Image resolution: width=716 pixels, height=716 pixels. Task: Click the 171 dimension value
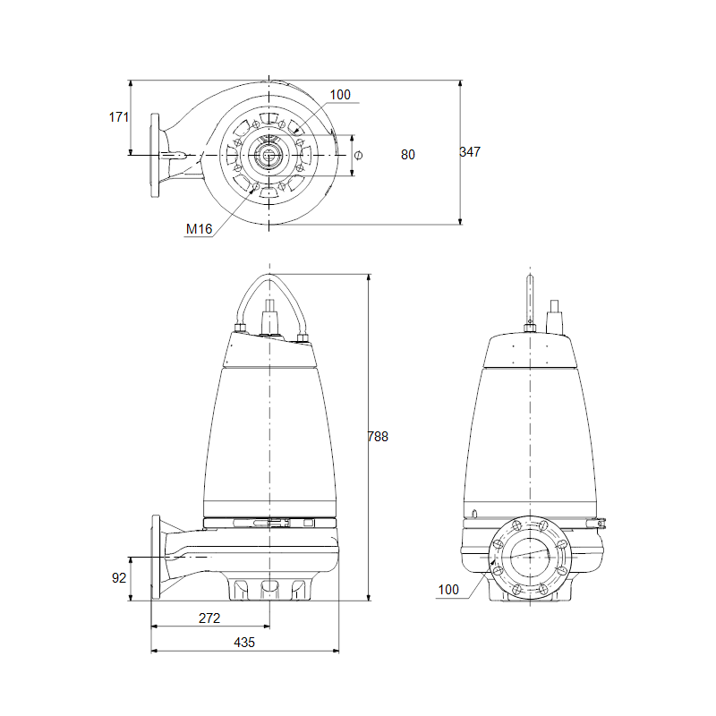[119, 117]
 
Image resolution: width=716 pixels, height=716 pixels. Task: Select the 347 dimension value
[470, 151]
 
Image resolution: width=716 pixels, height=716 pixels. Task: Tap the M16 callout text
[199, 229]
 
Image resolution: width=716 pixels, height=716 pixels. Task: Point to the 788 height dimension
[378, 437]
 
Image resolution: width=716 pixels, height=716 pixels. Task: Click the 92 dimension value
[119, 577]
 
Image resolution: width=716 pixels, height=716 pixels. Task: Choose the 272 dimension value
[209, 618]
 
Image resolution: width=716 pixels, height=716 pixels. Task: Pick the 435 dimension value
[244, 643]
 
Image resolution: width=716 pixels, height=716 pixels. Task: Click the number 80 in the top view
[408, 155]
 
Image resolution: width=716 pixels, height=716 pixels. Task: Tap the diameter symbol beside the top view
[359, 155]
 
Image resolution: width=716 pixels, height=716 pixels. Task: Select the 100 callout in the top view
[340, 95]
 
